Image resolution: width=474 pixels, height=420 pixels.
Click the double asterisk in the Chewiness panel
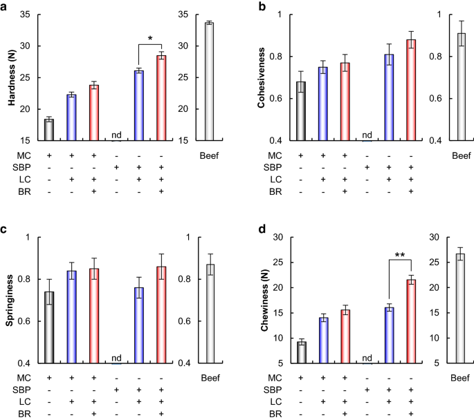point(400,256)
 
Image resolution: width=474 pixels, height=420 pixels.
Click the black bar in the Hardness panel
point(49,129)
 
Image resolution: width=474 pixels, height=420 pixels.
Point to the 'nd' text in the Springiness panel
point(116,358)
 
